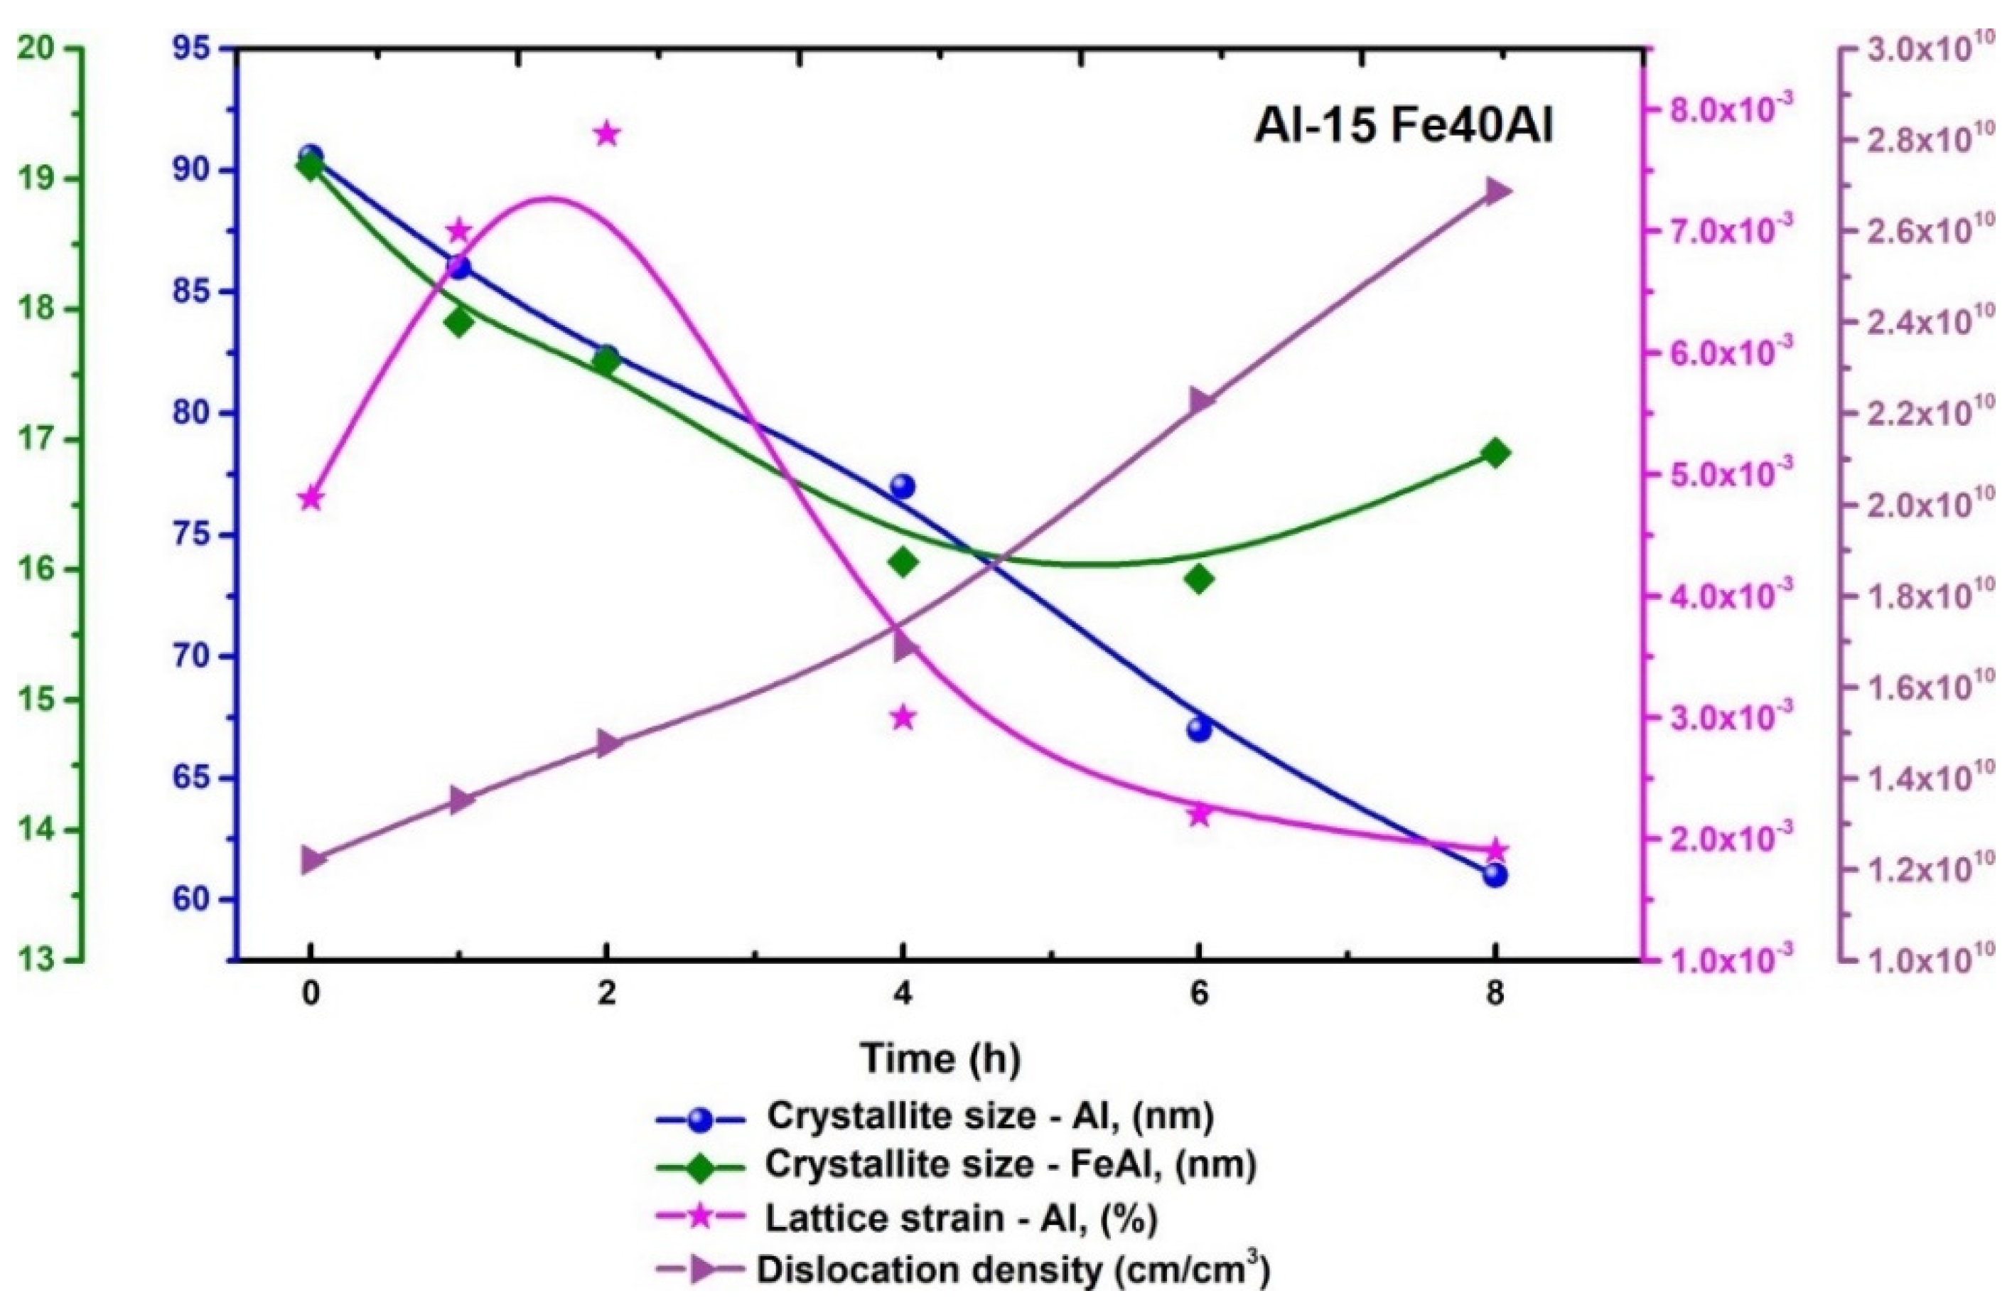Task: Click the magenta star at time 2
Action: tap(606, 134)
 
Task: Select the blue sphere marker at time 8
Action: tap(1495, 874)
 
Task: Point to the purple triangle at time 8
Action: tap(1496, 191)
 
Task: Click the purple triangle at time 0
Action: tap(312, 861)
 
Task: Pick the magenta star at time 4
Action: tap(903, 718)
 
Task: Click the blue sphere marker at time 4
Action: tap(903, 487)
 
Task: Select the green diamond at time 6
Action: tap(1199, 579)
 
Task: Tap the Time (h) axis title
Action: tap(940, 1058)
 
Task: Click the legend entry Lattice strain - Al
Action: tap(959, 1218)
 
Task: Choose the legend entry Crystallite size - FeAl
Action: tap(1009, 1166)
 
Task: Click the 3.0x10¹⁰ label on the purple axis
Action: tap(1915, 49)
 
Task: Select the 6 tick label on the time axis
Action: tap(1199, 995)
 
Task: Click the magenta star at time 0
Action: tap(311, 499)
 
